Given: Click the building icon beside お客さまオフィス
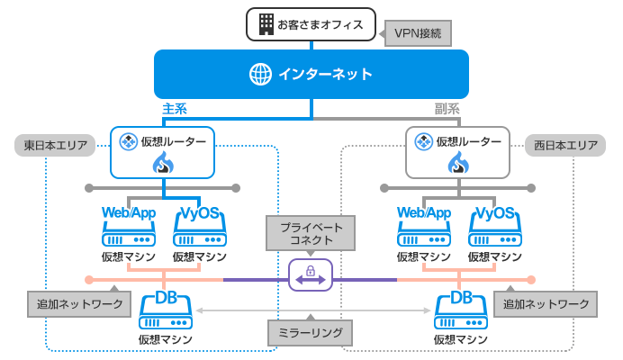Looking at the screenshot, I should pos(266,24).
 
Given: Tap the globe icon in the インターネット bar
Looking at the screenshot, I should pos(260,74).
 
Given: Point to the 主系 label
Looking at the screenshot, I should pos(175,109).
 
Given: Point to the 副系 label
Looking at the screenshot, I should pos(447,109).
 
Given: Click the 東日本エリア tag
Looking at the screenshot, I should pos(55,145).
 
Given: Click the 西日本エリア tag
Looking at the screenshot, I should pos(564,145).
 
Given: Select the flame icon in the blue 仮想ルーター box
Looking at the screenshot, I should pos(163,163).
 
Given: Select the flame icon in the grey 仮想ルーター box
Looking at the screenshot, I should pos(459,163).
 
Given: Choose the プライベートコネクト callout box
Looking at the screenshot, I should pos(311,233).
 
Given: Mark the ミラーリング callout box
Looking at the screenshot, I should pos(311,332).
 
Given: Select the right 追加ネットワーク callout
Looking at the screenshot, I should pos(546,304).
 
